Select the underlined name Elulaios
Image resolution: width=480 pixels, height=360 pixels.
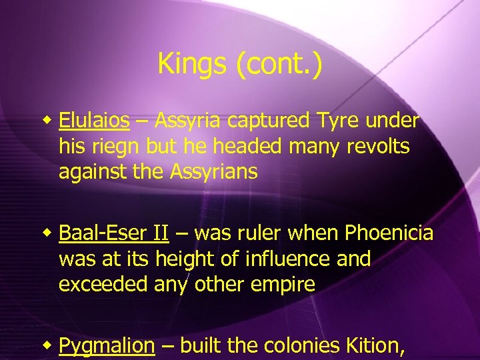point(94,121)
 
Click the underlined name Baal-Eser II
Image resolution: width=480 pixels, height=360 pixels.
point(113,233)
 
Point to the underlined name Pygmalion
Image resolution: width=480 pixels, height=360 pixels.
point(107,346)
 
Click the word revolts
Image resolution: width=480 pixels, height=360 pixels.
point(379,146)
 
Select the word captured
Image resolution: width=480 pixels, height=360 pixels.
point(269,121)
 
